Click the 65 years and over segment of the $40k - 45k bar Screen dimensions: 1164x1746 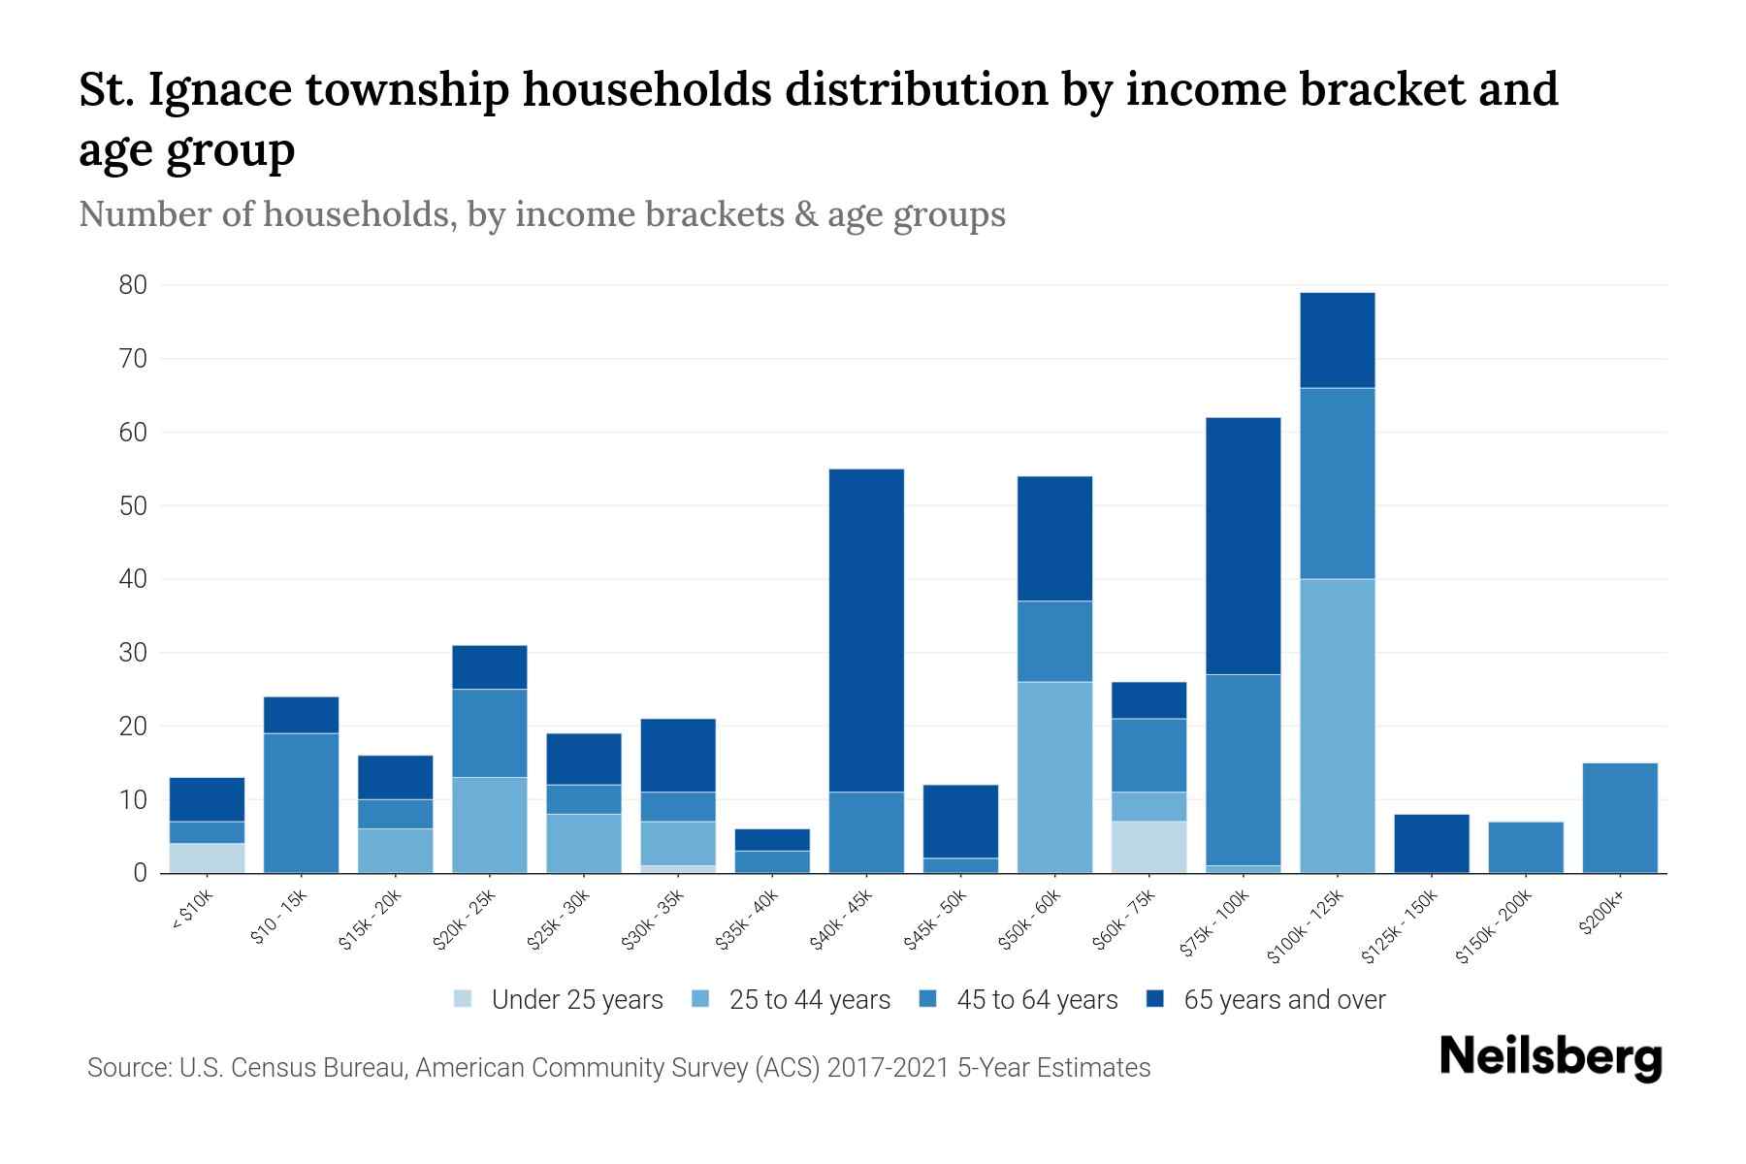866,630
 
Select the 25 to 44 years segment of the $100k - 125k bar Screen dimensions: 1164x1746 1338,726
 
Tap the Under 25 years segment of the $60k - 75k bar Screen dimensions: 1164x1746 1149,847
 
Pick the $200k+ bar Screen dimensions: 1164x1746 1620,818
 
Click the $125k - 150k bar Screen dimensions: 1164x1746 1432,843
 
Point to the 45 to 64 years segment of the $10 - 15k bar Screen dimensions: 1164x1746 301,802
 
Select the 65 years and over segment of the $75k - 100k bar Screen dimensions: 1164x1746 1244,546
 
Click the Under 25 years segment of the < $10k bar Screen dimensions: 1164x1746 207,857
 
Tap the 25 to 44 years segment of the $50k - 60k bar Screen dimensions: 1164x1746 1055,777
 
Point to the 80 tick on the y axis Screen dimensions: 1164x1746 133,285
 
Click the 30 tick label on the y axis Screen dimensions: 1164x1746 133,653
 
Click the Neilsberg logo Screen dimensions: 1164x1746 1550,1058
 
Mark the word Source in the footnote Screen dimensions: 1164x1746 127,1068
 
